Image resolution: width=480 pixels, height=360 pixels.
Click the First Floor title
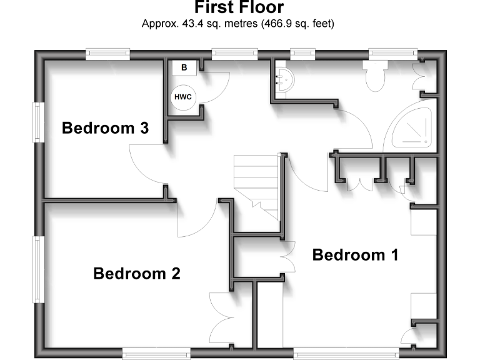(x=239, y=8)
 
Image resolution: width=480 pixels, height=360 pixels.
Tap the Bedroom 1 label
(x=355, y=255)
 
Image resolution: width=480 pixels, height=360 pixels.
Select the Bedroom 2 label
(x=137, y=274)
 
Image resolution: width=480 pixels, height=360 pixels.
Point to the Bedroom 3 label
(x=105, y=129)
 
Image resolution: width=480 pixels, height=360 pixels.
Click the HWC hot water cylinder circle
(x=182, y=97)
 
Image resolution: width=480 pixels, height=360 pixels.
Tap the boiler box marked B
(x=184, y=67)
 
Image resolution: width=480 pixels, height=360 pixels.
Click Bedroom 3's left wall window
(x=37, y=122)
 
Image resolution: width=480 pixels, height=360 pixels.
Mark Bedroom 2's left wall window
(x=37, y=269)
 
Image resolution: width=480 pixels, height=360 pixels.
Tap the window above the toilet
(x=392, y=54)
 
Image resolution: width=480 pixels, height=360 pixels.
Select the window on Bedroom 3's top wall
(x=107, y=54)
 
